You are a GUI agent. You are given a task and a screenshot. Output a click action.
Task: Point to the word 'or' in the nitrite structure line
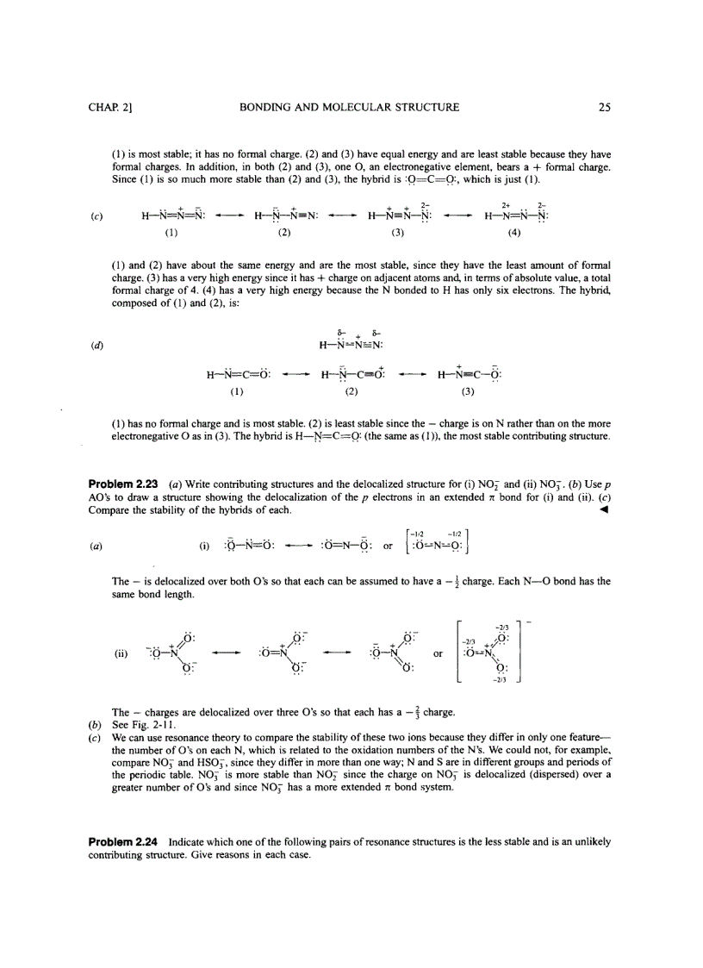click(388, 546)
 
